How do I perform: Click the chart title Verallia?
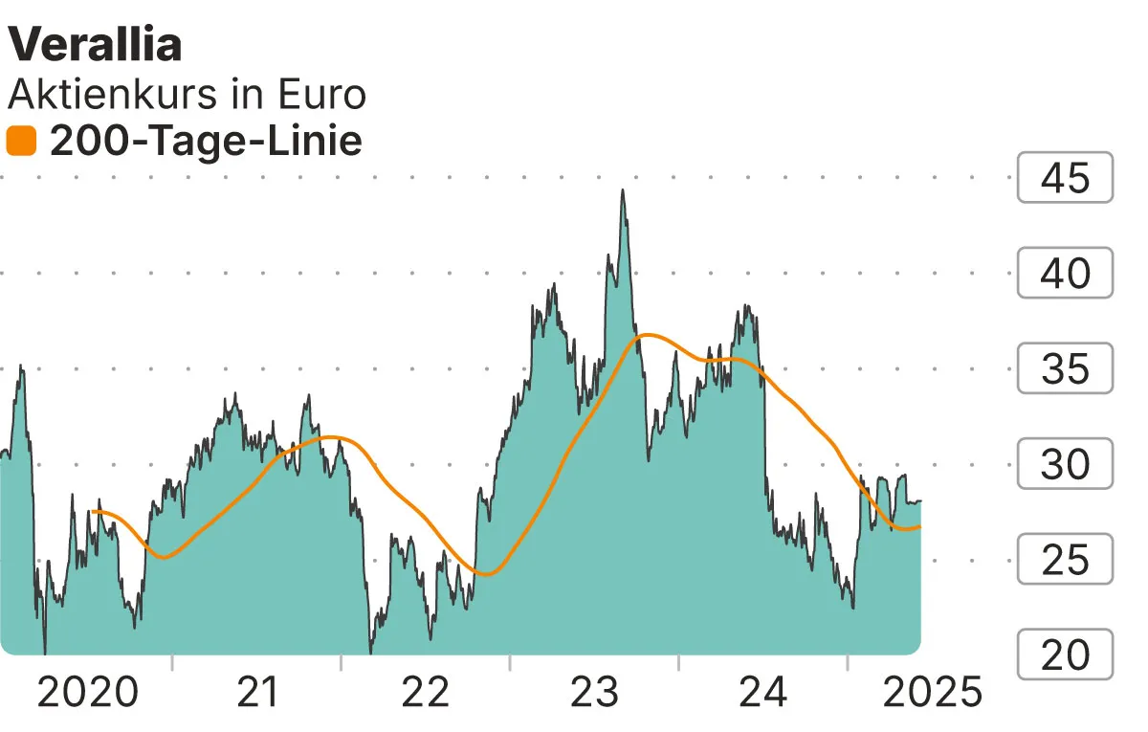click(x=96, y=44)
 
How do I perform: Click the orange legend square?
click(x=21, y=142)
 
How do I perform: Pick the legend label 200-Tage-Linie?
click(x=206, y=142)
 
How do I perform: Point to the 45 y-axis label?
click(x=1065, y=177)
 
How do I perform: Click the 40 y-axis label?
click(x=1065, y=273)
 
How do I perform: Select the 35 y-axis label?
click(x=1065, y=368)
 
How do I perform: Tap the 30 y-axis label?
click(x=1065, y=464)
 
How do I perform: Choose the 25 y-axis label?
click(x=1065, y=560)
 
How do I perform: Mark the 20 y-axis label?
click(x=1065, y=655)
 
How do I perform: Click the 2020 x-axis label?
click(x=87, y=691)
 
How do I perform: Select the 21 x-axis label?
click(x=256, y=691)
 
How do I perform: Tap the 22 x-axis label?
click(x=426, y=691)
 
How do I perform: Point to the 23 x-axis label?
click(x=595, y=691)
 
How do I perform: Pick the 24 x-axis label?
click(x=763, y=691)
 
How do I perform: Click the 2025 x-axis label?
click(x=932, y=691)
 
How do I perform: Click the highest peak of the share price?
click(x=623, y=190)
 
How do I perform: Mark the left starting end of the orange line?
click(x=92, y=512)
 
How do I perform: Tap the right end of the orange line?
click(x=920, y=526)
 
